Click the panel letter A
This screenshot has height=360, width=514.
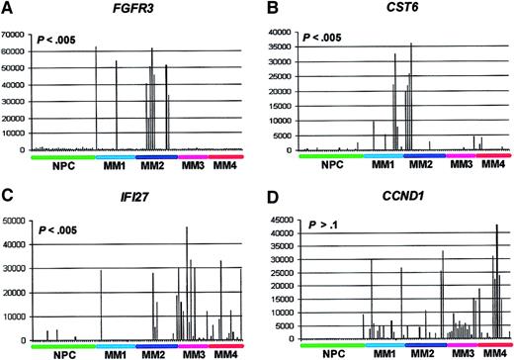[x=7, y=9]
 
